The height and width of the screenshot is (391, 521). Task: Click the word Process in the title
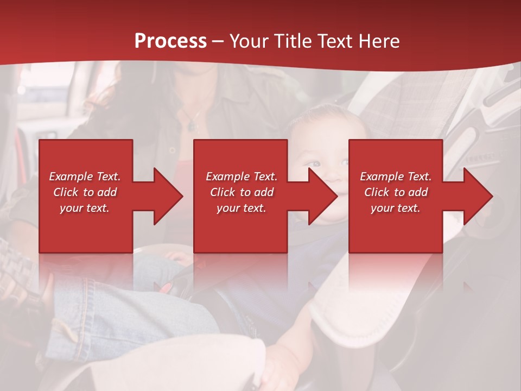[x=170, y=41]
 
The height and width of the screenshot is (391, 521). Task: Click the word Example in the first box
[x=71, y=176]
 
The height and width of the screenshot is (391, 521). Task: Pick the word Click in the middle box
[x=223, y=192]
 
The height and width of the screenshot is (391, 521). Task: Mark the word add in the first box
[x=106, y=192]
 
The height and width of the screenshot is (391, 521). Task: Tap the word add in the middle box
[x=263, y=192]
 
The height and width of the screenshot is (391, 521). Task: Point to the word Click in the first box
[x=66, y=192]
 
